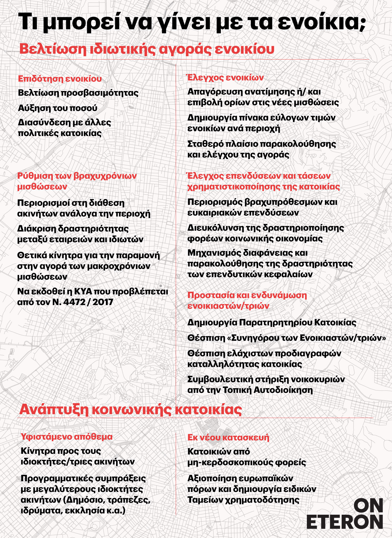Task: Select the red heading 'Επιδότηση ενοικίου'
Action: tap(60, 79)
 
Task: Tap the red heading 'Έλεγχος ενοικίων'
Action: tap(225, 78)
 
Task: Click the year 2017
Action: tap(103, 302)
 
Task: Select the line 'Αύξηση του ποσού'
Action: tap(57, 108)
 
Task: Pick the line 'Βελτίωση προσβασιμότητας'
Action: tap(78, 93)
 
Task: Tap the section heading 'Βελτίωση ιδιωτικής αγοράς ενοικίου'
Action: tap(147, 49)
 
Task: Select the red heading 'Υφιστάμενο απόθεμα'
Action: tap(67, 436)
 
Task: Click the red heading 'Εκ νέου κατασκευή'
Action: tap(228, 437)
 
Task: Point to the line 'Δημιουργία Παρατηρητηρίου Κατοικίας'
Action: tap(272, 322)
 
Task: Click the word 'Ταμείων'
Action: tap(205, 500)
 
